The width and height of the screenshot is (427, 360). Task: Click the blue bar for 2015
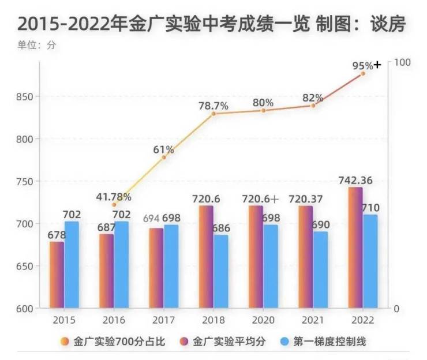coord(72,265)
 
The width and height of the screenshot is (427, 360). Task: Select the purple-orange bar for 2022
coord(355,247)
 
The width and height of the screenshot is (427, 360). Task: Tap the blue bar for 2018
coord(221,271)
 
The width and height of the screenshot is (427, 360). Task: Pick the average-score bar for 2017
coord(156,268)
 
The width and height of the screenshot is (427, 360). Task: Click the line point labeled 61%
coord(164,157)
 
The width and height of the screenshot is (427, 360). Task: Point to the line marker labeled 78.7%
coord(213,114)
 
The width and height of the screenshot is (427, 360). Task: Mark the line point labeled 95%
coord(363,74)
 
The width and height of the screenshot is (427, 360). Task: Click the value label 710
coord(370,208)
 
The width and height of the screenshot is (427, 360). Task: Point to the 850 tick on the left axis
coord(26,96)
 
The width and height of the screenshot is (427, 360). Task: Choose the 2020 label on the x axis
coord(263,320)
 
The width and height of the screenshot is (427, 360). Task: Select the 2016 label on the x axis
coord(114,320)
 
